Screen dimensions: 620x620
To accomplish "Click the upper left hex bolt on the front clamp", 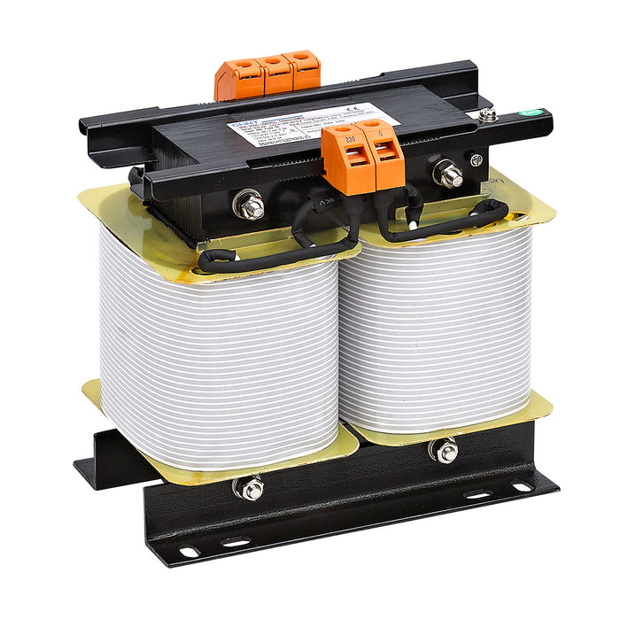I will coord(250,206).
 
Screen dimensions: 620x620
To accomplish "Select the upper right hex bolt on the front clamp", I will coord(450,174).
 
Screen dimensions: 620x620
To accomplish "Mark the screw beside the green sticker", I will coord(486,115).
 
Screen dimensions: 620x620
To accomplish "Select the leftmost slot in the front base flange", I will coord(189,551).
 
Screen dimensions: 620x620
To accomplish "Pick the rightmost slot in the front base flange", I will coord(522,485).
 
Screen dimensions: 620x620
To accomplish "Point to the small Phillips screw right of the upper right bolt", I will coord(477,160).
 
